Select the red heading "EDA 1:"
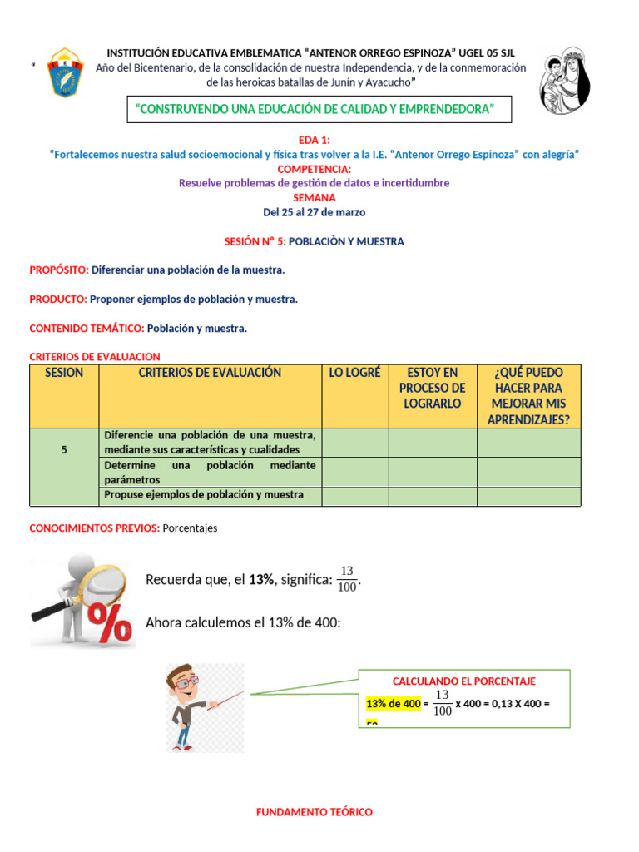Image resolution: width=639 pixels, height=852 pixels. click(x=314, y=140)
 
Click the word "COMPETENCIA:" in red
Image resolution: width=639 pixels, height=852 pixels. click(x=315, y=169)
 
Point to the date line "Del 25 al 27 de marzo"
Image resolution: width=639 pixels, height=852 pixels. click(x=314, y=212)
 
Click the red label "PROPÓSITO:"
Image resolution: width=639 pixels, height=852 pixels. click(x=59, y=270)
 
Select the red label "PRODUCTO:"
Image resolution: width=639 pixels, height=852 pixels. click(x=58, y=299)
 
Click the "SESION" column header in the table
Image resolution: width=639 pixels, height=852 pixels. click(x=64, y=373)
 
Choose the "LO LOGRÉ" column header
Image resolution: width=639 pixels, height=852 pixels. click(x=354, y=373)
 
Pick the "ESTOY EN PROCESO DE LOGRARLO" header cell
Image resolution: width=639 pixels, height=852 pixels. click(x=432, y=388)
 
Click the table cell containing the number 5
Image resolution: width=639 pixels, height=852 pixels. click(x=64, y=449)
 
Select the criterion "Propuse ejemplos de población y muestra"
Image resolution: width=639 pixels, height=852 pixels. click(x=203, y=495)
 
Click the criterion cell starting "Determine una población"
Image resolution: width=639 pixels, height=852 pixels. click(x=209, y=473)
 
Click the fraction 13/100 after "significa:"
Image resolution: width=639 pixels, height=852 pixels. click(x=347, y=579)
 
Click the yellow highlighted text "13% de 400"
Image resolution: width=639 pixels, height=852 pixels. click(x=393, y=704)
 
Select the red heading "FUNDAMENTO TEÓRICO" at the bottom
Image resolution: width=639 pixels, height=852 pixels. click(x=314, y=812)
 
